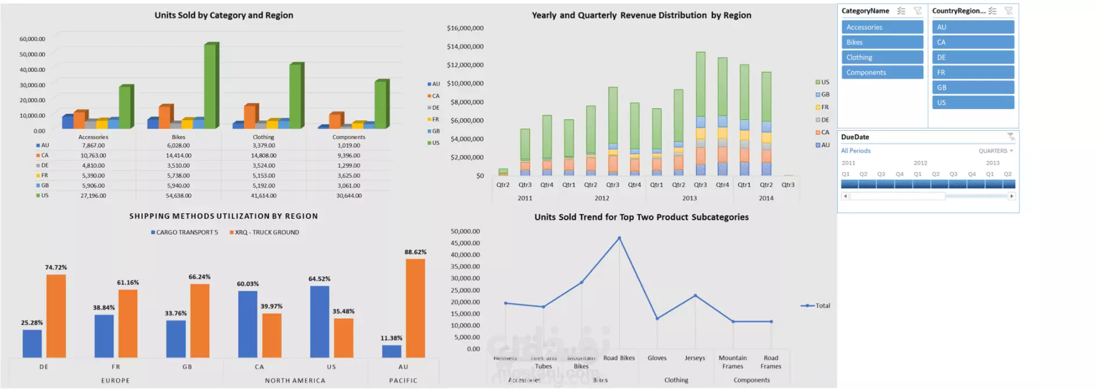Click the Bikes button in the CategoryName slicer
[x=882, y=42]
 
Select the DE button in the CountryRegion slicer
[x=973, y=57]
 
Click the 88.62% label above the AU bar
[x=415, y=252]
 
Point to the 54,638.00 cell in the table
[x=178, y=196]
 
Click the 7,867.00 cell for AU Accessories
[x=93, y=146]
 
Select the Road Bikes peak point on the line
[x=619, y=238]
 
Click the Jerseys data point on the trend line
[x=695, y=296]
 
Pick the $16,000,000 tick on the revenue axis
[x=465, y=28]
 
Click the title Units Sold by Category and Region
[x=224, y=15]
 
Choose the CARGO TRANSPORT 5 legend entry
[x=185, y=232]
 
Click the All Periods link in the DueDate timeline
[x=856, y=151]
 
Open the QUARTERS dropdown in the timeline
[x=995, y=151]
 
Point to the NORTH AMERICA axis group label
[x=295, y=381]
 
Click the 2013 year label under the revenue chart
[x=689, y=198]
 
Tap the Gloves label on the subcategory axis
[x=657, y=358]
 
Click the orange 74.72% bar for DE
[x=56, y=316]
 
